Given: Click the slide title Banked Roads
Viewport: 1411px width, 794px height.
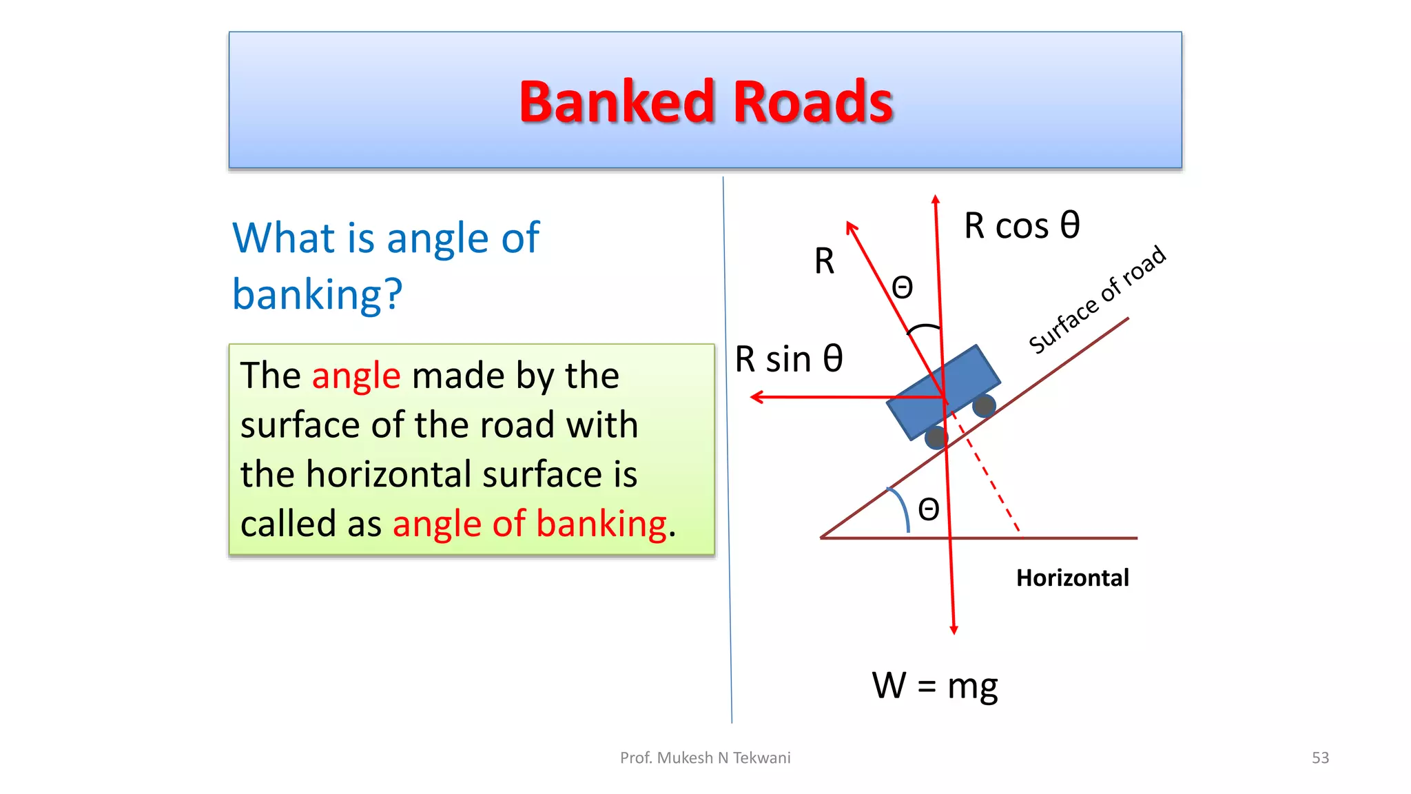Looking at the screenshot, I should click(705, 102).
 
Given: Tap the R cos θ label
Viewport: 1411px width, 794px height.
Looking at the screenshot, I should click(1021, 225).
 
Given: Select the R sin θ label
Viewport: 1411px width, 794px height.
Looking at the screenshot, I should click(789, 359).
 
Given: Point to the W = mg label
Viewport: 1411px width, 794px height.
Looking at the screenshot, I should click(934, 686).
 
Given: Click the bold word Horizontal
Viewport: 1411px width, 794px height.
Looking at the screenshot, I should click(1072, 578).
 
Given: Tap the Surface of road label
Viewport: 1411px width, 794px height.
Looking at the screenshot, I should click(1097, 300).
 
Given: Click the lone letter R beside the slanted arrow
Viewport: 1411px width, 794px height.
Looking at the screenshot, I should click(824, 262).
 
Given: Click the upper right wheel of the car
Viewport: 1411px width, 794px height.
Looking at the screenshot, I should click(984, 405).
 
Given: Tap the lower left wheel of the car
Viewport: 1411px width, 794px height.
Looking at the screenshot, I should click(936, 437).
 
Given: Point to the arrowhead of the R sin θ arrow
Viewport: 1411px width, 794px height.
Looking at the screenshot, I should click(756, 397).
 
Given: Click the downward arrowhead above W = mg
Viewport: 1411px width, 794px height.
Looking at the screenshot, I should click(954, 629).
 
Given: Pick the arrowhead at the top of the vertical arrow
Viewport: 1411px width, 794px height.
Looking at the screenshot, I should click(936, 200).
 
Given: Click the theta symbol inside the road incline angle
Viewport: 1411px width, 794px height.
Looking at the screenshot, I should click(929, 510).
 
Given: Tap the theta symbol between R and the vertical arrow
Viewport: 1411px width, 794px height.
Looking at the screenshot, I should click(903, 287).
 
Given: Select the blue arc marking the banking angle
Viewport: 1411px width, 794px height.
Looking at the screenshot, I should click(901, 509).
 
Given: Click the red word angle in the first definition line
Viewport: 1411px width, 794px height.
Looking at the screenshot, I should click(356, 376).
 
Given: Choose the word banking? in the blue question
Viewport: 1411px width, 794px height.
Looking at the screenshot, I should click(317, 294).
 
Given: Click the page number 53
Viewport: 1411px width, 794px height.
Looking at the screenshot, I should click(1320, 757).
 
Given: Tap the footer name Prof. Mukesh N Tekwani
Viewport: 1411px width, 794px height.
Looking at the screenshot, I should click(705, 757).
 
